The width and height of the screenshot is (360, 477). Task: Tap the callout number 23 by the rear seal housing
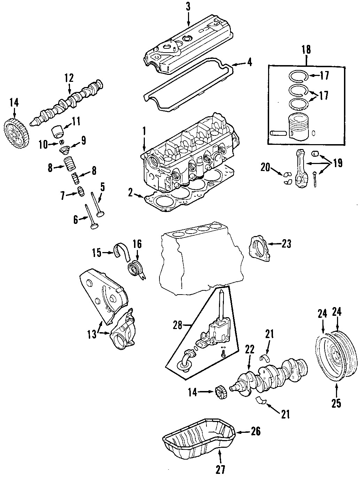(x=286, y=244)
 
